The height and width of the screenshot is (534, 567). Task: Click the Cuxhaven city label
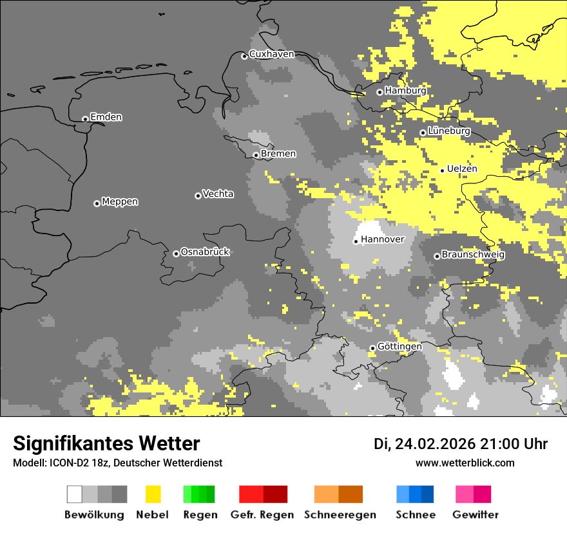(x=271, y=54)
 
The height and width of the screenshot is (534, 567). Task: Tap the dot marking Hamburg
(x=380, y=92)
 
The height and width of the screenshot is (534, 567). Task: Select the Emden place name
(x=106, y=117)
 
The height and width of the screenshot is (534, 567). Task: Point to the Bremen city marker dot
(x=256, y=155)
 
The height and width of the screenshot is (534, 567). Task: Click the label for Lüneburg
(x=448, y=131)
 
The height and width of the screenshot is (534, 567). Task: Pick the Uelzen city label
(x=462, y=169)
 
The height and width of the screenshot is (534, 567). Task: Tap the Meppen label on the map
(x=120, y=201)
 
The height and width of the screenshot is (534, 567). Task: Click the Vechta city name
(x=218, y=194)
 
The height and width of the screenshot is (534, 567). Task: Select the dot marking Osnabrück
(x=176, y=253)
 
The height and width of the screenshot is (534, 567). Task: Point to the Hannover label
(x=383, y=239)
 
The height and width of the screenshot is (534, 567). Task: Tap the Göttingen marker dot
(x=372, y=348)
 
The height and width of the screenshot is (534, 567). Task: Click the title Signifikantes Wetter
(x=106, y=443)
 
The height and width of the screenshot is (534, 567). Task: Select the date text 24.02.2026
(x=435, y=444)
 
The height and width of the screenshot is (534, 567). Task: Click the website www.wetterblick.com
(x=465, y=463)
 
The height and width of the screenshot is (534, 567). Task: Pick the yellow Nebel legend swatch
(x=153, y=494)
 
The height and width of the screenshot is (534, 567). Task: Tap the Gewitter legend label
(x=475, y=515)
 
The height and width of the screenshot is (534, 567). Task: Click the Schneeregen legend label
(x=340, y=515)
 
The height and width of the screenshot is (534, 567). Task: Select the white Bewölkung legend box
(x=74, y=494)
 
